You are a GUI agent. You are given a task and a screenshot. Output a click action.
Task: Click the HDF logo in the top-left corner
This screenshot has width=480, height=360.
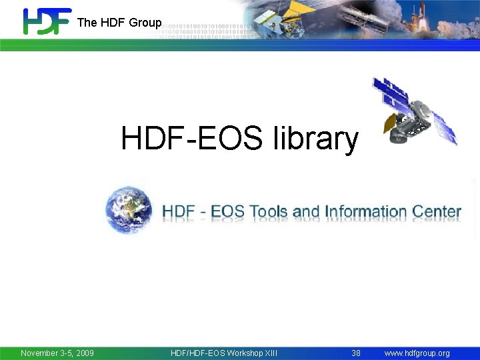point(47,21)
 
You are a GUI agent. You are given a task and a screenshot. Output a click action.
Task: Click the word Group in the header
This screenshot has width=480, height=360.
point(145,23)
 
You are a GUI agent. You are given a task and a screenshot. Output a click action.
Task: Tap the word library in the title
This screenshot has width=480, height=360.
point(315,139)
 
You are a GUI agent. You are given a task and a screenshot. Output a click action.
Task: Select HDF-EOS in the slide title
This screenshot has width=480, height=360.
point(193,139)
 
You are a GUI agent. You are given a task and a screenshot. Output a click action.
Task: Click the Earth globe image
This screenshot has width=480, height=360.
point(129,209)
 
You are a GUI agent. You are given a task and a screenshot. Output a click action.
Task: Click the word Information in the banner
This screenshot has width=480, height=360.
point(365,212)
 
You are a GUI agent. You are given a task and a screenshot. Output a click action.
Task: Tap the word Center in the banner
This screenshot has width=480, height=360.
point(436,212)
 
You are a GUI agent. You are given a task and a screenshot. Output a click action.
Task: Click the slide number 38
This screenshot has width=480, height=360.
point(356,353)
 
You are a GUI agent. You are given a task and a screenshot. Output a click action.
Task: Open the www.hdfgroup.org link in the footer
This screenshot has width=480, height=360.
point(417,353)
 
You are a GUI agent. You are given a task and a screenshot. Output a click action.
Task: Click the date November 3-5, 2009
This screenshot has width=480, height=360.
point(57,353)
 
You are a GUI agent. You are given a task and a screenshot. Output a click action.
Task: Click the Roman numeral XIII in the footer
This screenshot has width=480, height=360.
point(271,353)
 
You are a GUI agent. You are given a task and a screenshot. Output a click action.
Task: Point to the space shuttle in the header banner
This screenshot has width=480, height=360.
point(460,20)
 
